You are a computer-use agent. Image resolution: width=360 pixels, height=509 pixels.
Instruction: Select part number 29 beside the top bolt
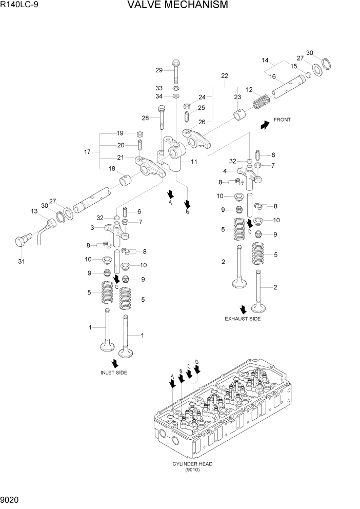click(159, 70)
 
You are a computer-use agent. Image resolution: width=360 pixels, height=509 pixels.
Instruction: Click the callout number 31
click(21, 262)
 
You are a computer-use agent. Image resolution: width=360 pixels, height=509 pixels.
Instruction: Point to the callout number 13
click(34, 211)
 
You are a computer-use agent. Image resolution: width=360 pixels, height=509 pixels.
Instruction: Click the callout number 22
click(224, 76)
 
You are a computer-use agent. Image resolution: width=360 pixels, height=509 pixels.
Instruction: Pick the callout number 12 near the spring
click(249, 89)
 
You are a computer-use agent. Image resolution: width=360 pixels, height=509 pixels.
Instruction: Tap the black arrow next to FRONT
click(265, 125)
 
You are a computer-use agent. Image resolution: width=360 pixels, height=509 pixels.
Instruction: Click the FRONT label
click(282, 120)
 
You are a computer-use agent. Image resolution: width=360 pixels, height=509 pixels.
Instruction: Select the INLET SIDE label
click(114, 372)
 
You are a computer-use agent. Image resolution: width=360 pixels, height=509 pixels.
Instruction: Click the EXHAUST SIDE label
click(243, 319)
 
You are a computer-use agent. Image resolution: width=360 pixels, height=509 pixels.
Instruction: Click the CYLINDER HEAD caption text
click(193, 463)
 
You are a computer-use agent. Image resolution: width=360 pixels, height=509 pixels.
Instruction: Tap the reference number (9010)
click(193, 469)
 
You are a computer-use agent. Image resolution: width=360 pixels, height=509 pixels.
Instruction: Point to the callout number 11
click(194, 162)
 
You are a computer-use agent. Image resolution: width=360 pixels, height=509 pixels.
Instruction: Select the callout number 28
click(145, 118)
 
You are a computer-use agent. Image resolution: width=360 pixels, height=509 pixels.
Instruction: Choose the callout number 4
click(225, 171)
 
